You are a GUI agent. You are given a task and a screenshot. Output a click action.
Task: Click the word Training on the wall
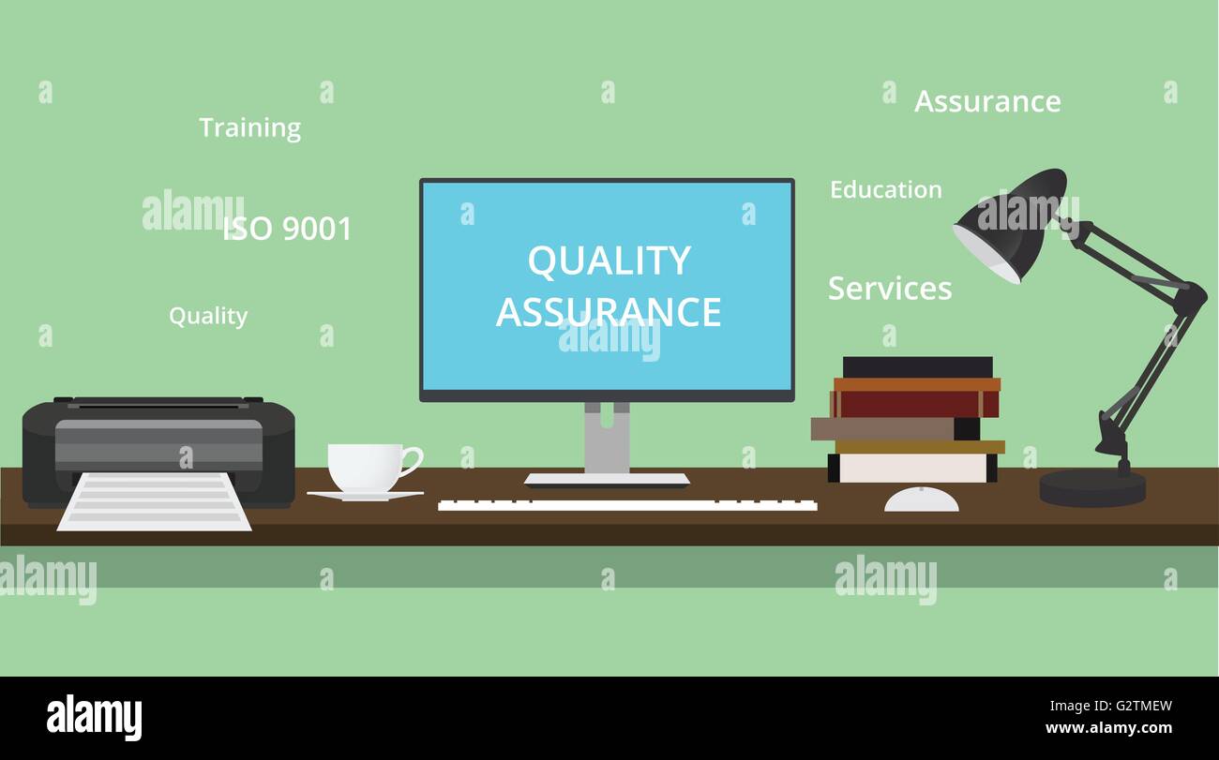pos(249,127)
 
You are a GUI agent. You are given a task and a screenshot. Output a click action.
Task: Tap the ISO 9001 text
pos(287,229)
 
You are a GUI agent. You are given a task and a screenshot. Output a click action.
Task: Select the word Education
pos(885,190)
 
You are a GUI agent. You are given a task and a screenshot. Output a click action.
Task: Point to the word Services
pos(889,289)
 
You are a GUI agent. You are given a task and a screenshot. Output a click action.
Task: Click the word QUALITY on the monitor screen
pos(609,261)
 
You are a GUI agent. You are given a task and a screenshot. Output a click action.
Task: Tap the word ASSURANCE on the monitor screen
pos(609,312)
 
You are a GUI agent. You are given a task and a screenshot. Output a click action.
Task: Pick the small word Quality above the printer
pos(208,317)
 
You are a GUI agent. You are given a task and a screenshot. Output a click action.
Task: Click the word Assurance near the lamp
pos(987,101)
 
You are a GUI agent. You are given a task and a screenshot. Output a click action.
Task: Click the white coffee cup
pos(365,467)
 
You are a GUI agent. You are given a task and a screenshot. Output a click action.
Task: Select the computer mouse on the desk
pos(921,500)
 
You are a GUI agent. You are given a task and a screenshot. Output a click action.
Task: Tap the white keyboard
pos(626,505)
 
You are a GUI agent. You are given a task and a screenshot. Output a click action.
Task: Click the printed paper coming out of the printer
pos(155,502)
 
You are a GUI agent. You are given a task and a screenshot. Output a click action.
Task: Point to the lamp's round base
pos(1092,486)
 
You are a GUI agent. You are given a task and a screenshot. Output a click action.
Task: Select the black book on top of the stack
pos(916,366)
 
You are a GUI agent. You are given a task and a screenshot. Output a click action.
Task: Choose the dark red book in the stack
pos(914,404)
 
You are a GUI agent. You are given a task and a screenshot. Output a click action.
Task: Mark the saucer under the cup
pos(365,496)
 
